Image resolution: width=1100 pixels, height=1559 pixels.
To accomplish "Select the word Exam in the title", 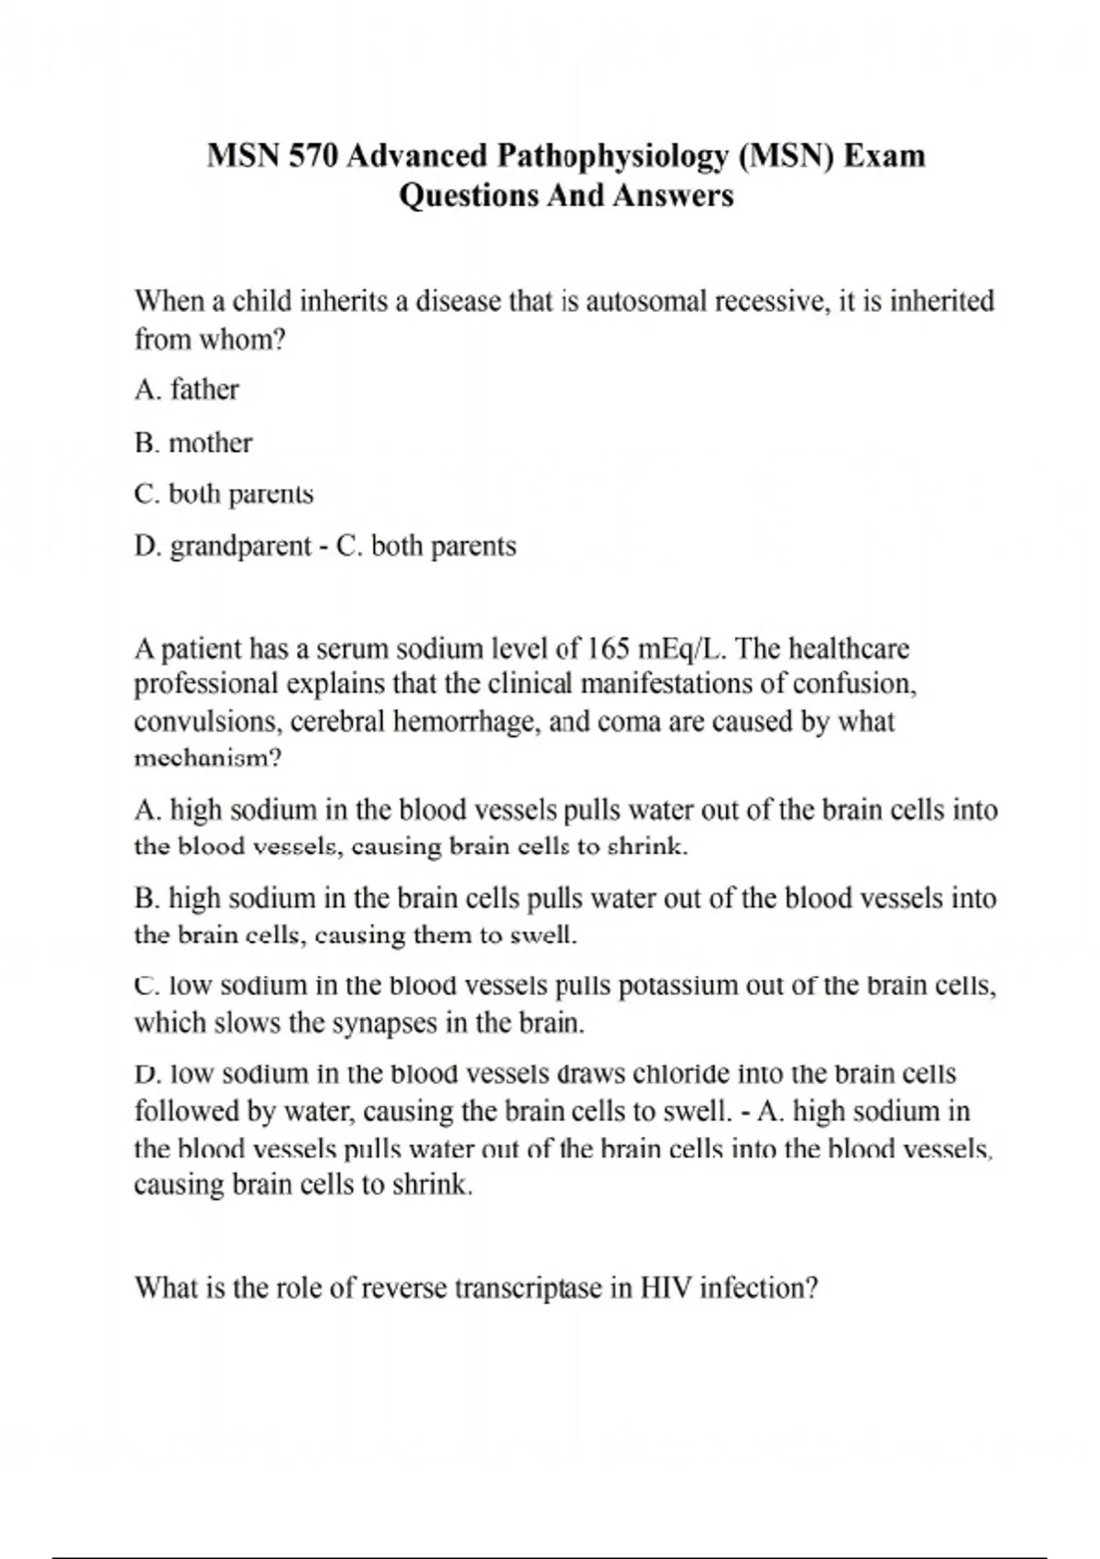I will pyautogui.click(x=884, y=156).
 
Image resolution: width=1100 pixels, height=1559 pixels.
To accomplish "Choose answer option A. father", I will pyautogui.click(x=186, y=390).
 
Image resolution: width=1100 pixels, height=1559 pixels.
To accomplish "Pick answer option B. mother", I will pyautogui.click(x=192, y=443).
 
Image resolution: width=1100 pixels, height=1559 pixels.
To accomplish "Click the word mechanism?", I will pyautogui.click(x=207, y=759).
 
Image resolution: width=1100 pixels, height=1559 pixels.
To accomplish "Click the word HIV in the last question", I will pyautogui.click(x=666, y=1288).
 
